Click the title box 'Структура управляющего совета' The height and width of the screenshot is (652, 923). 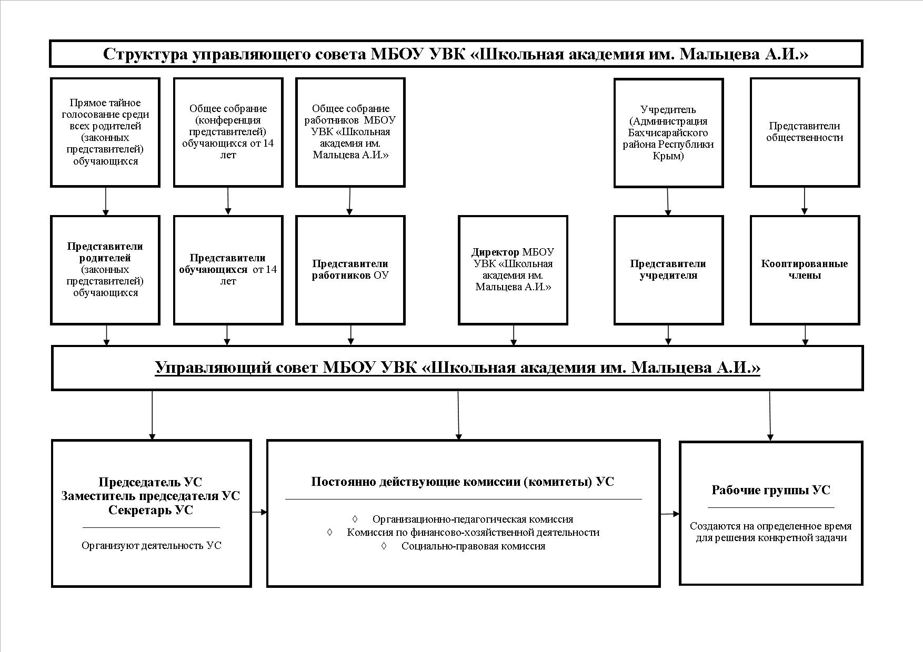(x=456, y=54)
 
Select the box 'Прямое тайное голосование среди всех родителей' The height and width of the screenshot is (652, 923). (x=105, y=133)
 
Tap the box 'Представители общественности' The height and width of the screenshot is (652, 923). (x=805, y=133)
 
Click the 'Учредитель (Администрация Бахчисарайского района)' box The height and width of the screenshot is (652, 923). (x=668, y=133)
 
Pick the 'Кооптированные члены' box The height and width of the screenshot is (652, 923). (x=805, y=270)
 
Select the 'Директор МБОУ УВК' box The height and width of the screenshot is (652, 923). (x=513, y=270)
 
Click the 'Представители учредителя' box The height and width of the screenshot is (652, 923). (x=668, y=270)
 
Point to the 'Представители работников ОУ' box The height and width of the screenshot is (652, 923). (x=350, y=270)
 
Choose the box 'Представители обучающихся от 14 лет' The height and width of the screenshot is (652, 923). (x=228, y=270)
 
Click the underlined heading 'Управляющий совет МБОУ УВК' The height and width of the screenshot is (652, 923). (x=457, y=367)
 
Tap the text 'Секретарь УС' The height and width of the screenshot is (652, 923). (x=151, y=510)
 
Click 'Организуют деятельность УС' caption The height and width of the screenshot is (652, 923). (x=152, y=545)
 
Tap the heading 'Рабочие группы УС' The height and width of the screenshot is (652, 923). (x=771, y=490)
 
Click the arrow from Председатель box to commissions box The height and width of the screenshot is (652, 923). (x=259, y=512)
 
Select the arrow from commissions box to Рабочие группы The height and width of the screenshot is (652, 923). (x=670, y=514)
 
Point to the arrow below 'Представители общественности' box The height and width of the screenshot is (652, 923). (x=804, y=201)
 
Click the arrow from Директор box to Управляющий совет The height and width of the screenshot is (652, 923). (x=514, y=335)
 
